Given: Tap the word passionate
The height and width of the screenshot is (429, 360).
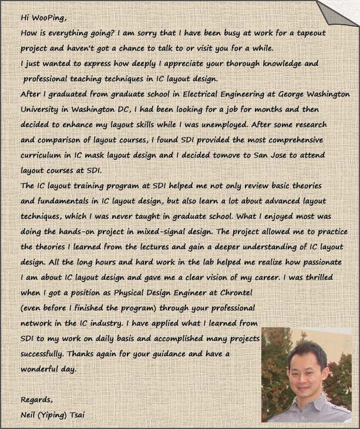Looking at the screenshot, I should pyautogui.click(x=321, y=262).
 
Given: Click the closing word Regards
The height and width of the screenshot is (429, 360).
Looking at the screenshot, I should pyautogui.click(x=36, y=400).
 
